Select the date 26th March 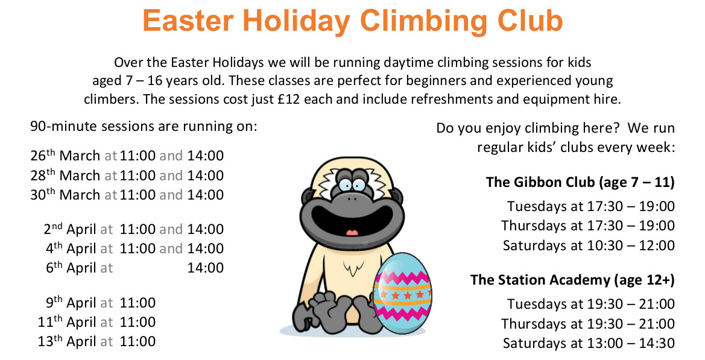[x=65, y=156]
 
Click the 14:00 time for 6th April [x=205, y=268]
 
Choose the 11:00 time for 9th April [x=138, y=303]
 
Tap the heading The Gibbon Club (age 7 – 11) [x=580, y=182]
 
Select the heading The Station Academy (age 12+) [x=572, y=280]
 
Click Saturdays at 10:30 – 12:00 [x=588, y=245]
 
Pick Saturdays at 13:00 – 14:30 [x=588, y=343]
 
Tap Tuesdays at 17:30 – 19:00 [x=590, y=206]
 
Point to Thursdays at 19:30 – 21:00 [x=587, y=324]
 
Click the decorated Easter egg [x=402, y=294]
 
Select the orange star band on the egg [x=402, y=295]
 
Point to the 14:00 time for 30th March [x=205, y=195]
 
